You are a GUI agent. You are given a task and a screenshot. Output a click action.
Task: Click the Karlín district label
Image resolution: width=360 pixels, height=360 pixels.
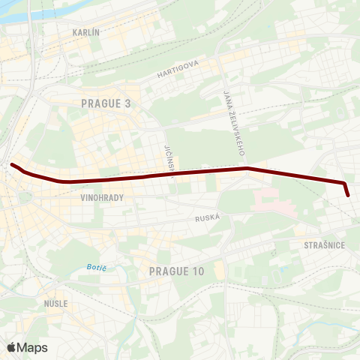click(x=86, y=33)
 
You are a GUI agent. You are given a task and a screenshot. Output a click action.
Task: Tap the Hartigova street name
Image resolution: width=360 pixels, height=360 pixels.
click(x=178, y=70)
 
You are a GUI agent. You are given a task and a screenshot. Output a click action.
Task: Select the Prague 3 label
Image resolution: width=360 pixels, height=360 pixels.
click(x=106, y=103)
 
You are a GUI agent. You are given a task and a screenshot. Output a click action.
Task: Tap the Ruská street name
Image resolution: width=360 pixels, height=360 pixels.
click(x=207, y=217)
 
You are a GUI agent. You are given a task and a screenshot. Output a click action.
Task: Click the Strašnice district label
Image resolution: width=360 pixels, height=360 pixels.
click(x=324, y=245)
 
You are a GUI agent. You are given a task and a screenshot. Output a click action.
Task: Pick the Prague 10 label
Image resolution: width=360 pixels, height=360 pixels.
click(x=176, y=271)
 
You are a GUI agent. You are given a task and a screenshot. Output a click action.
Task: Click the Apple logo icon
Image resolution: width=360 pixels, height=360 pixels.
click(x=11, y=347)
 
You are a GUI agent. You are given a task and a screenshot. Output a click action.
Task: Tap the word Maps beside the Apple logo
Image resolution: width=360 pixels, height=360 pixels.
click(x=33, y=347)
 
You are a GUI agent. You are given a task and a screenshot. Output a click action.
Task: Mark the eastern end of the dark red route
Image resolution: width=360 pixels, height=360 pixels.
click(x=349, y=195)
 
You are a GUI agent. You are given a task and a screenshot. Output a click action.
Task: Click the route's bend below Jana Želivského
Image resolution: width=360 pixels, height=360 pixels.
click(x=247, y=169)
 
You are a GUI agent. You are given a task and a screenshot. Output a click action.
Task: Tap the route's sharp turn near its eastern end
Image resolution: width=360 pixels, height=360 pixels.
click(x=344, y=183)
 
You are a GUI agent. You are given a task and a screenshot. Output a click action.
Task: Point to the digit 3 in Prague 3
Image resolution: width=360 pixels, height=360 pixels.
click(x=127, y=103)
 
